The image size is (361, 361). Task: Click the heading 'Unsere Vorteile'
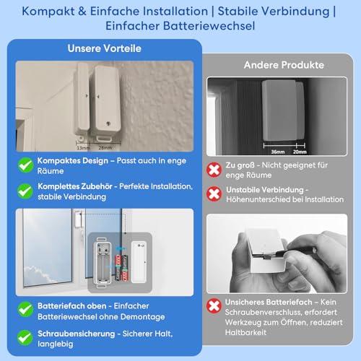[x=104, y=49]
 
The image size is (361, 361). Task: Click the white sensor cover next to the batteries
[x=142, y=258]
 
